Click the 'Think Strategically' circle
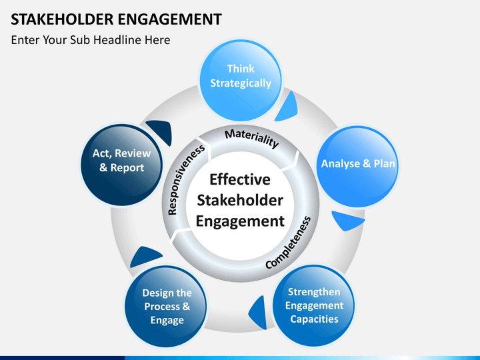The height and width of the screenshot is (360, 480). click(x=241, y=81)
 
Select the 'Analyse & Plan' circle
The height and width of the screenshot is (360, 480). click(x=357, y=166)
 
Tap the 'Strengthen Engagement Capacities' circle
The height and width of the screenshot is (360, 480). click(x=314, y=306)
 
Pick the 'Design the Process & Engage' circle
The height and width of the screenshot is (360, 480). click(x=165, y=307)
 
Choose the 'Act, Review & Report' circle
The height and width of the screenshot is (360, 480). click(x=122, y=165)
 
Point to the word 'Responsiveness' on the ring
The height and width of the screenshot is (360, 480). click(x=185, y=180)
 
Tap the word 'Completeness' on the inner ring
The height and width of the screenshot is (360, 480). click(x=288, y=243)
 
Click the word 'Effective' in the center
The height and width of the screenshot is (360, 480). click(x=240, y=179)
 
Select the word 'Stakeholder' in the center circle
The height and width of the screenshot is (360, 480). click(x=240, y=200)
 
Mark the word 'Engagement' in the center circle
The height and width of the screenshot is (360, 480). click(x=240, y=221)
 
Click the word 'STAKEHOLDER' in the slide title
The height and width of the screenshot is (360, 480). click(x=62, y=19)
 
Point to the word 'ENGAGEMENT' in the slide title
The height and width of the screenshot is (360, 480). click(x=169, y=19)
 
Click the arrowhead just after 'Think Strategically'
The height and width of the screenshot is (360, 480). click(x=287, y=107)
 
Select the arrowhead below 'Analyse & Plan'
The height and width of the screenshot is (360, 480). click(x=347, y=220)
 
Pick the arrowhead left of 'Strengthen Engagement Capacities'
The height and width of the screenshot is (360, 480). click(x=258, y=313)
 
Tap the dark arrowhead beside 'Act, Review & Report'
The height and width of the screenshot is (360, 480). click(x=161, y=131)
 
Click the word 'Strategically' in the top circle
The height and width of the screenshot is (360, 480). click(x=241, y=83)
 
